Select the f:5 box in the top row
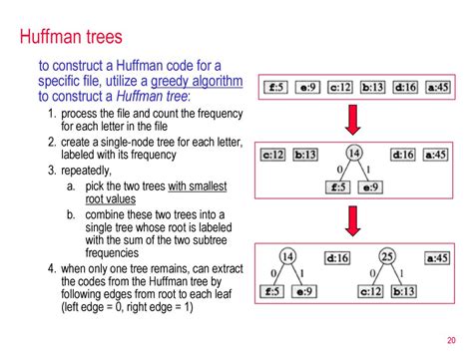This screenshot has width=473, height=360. (277, 87)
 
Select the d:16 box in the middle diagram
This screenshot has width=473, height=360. (402, 155)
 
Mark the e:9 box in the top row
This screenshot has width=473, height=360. (308, 87)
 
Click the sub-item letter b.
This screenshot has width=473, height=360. (71, 215)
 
